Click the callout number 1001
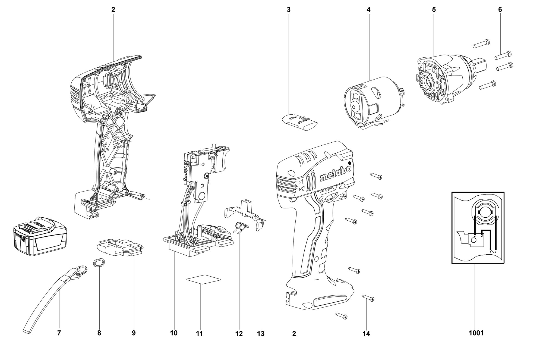(476, 333)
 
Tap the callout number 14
(366, 333)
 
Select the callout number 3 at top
(289, 10)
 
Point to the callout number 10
(174, 333)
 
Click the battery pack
(40, 236)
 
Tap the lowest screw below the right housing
(342, 316)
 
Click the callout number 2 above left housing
(113, 10)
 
